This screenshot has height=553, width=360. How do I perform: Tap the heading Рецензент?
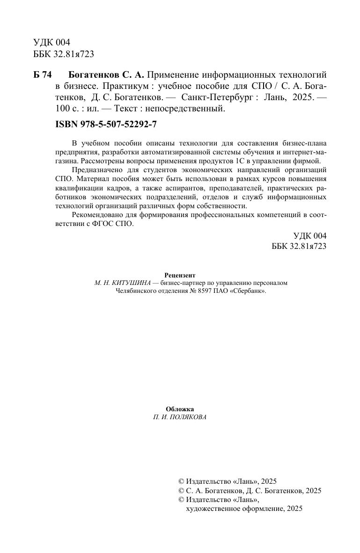pos(180,275)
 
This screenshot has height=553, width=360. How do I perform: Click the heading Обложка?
pos(180,409)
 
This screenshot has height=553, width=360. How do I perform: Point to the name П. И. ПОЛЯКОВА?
pos(180,417)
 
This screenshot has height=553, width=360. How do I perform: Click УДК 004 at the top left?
pos(51,43)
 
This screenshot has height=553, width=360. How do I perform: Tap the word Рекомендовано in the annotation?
pos(96,215)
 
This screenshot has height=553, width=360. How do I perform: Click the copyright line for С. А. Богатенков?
pos(250,491)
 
